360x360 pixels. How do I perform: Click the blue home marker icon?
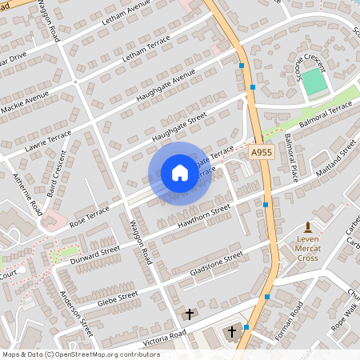point(180,173)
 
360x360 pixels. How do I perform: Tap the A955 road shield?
point(261,152)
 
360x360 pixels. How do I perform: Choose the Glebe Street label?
point(118,298)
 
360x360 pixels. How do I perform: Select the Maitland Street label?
point(329,160)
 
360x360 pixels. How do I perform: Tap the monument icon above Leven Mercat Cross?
point(308,228)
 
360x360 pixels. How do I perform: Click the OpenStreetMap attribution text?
point(80,354)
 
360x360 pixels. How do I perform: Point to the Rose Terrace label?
point(89,213)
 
